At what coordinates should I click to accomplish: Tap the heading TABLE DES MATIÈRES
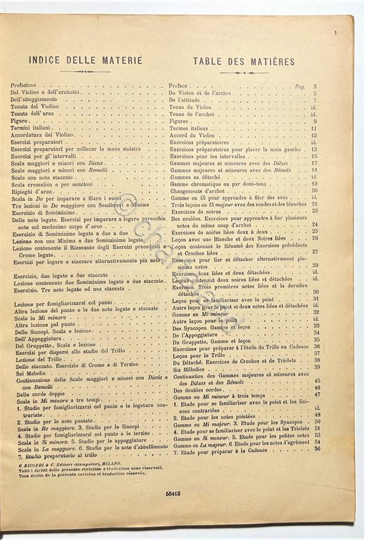[244, 61]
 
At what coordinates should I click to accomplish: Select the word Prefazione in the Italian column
[26, 85]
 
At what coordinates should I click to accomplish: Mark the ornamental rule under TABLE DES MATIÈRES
[244, 72]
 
